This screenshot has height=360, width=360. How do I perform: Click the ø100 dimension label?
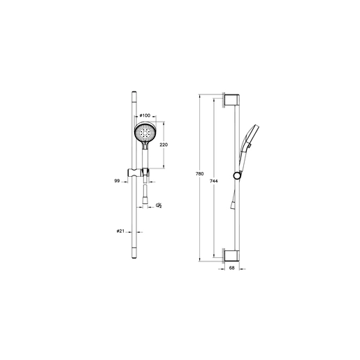tap(145, 115)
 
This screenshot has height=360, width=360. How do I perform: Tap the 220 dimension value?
tap(164, 145)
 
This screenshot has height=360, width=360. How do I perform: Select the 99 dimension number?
tap(117, 180)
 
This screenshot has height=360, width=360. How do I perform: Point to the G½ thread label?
tap(159, 206)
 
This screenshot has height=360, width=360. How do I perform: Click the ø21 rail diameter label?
tap(120, 231)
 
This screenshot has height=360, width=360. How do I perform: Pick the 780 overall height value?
tap(200, 174)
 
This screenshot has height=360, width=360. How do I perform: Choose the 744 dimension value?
tap(214, 181)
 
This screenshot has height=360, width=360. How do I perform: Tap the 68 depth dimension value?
tap(231, 268)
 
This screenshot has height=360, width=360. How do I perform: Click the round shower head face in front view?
tap(145, 133)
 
